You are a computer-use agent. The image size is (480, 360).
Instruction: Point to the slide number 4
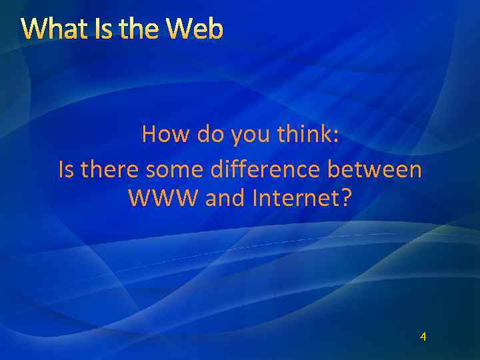pyautogui.click(x=423, y=337)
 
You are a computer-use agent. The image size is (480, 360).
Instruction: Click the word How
pyautogui.click(x=165, y=135)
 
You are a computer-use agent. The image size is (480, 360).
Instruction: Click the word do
pyautogui.click(x=211, y=135)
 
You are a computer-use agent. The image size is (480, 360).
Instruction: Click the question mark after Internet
pyautogui.click(x=345, y=198)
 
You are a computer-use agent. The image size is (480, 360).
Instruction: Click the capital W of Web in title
pyautogui.click(x=178, y=29)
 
